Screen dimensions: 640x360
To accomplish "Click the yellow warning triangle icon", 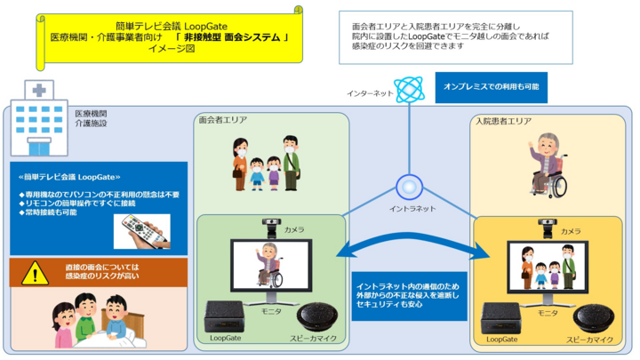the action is coord(35,273).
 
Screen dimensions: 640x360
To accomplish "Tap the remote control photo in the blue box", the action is coord(142,231).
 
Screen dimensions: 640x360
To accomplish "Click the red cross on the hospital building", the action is coord(39,90).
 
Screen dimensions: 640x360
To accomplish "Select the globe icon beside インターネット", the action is coord(410,90).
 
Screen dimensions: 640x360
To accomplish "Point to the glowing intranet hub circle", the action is coord(409,188).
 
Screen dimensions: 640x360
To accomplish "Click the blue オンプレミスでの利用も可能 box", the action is coord(491,87).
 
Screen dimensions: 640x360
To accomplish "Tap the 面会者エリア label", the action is coord(223,120).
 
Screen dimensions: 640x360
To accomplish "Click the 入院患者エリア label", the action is coord(503,121).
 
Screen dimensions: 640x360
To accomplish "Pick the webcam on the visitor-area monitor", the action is coord(271,228).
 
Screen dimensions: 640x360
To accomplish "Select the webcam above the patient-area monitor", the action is coord(548,229).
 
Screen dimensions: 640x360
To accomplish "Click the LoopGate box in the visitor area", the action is coord(224,316).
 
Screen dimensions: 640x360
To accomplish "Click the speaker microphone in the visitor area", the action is coord(317,317).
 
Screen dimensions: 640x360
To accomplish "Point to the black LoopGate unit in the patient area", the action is coord(500,318).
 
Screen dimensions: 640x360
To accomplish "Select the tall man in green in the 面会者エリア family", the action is coord(291,164).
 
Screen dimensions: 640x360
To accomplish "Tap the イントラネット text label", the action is coord(412,209).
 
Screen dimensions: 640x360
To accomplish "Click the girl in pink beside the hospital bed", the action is coord(64,325).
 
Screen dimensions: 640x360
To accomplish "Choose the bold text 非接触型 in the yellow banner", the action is coord(202,37).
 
